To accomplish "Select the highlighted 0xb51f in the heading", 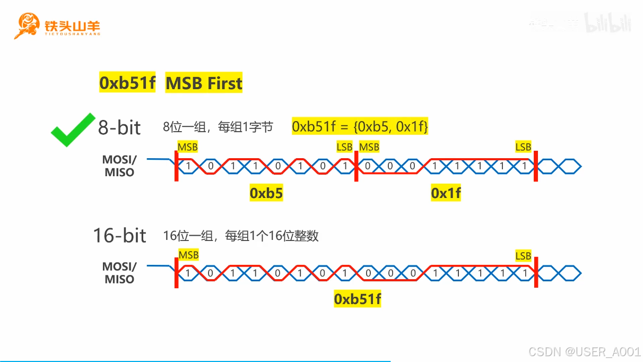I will coord(127,83).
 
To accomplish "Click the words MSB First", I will coord(204,83).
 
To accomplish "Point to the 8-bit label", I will coord(119,127).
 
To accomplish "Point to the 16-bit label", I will coord(119,235).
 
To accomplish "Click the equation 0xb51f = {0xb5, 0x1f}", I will coord(360,127).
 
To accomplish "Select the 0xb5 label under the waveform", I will coord(266,194).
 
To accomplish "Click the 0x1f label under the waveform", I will coord(446,194).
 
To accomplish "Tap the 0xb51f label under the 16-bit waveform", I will coord(358,299).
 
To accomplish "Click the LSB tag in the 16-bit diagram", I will coord(523,256).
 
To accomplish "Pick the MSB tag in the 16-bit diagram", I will coord(188,255).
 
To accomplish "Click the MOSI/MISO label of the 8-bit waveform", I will coord(119,166).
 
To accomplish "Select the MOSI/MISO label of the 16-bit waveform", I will coord(119,272).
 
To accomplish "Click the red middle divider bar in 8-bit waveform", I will coord(355,167).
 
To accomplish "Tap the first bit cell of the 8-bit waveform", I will coord(188,167).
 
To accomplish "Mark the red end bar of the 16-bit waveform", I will coord(536,273).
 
